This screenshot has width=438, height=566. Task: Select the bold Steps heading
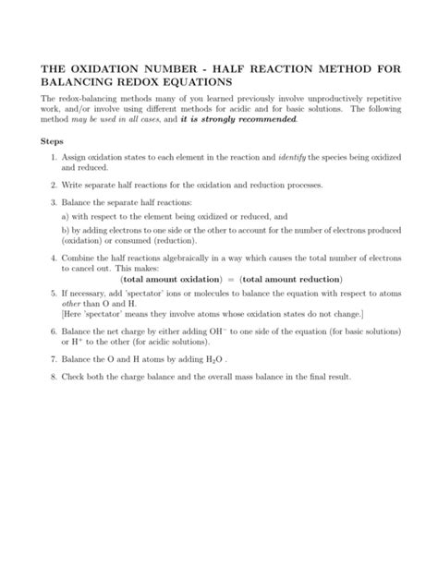click(x=52, y=143)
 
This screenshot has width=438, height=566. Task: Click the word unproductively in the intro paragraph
click(x=316, y=99)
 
